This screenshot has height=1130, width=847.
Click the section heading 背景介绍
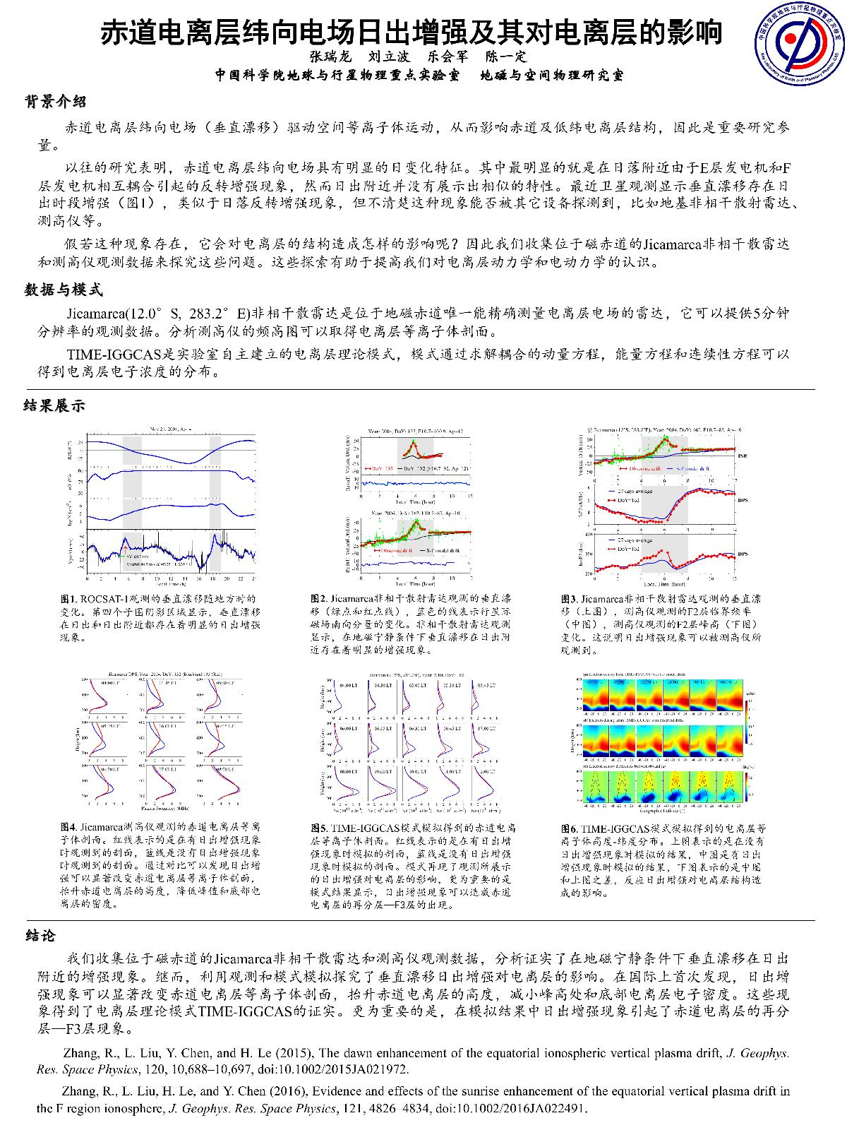56,102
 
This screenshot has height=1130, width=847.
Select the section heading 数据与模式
64,290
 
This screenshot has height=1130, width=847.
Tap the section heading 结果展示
54,405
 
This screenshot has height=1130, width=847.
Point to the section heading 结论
39,936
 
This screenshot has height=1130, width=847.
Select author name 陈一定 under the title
506,56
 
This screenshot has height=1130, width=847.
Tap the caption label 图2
318,599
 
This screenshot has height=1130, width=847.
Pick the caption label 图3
569,599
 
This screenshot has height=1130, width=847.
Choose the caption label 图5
318,827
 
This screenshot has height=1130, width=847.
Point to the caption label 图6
569,828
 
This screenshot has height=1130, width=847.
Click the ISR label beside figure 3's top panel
742,457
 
